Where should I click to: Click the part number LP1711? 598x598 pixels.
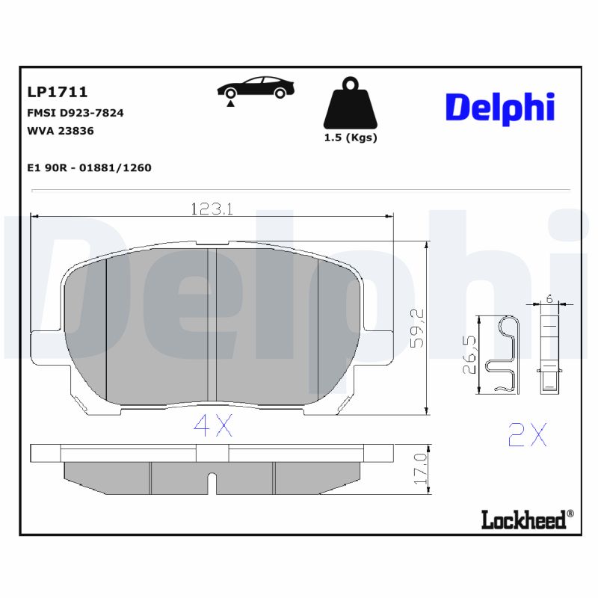[x=58, y=92]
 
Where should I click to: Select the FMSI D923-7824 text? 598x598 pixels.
[x=75, y=114]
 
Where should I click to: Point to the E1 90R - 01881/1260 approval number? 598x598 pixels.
[x=89, y=167]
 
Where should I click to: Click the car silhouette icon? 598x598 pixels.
[x=254, y=87]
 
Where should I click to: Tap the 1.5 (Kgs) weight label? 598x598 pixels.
[x=350, y=138]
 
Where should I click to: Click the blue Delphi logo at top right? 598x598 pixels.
[x=500, y=108]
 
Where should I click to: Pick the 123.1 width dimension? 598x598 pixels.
[x=211, y=210]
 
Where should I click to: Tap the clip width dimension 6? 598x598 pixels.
[x=550, y=298]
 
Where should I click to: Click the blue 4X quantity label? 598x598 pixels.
[x=213, y=426]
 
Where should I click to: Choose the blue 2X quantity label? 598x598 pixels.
[x=527, y=434]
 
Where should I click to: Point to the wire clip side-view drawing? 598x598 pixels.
[x=505, y=354]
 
